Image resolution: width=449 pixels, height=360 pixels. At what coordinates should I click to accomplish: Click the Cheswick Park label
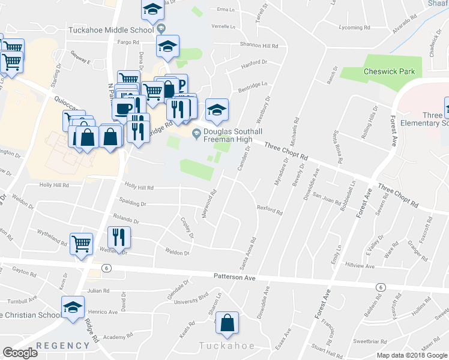[389, 71]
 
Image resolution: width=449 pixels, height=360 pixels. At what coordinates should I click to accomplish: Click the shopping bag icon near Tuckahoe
[227, 322]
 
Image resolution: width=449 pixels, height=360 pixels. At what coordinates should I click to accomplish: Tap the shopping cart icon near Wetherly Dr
[81, 244]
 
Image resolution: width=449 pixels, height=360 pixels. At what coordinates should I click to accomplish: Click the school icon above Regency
[71, 308]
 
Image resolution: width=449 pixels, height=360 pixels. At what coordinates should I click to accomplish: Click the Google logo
[20, 353]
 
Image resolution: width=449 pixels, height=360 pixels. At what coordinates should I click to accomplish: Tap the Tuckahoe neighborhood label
[227, 346]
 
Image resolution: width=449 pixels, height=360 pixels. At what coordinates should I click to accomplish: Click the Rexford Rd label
[270, 210]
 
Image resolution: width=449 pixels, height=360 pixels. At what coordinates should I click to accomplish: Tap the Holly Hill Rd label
[139, 187]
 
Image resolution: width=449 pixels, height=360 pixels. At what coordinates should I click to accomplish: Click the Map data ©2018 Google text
[412, 355]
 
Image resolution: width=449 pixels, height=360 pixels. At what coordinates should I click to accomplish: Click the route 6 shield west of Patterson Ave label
[106, 268]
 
